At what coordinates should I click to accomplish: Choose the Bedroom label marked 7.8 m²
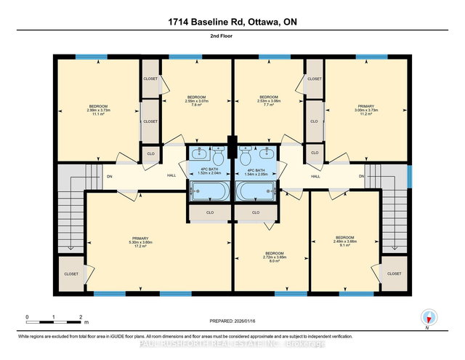197,100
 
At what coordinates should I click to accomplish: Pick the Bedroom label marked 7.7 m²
270,100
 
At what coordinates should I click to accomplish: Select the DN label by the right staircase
360,176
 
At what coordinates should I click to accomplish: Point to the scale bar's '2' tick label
80,317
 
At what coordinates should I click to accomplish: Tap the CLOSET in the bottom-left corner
71,273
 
